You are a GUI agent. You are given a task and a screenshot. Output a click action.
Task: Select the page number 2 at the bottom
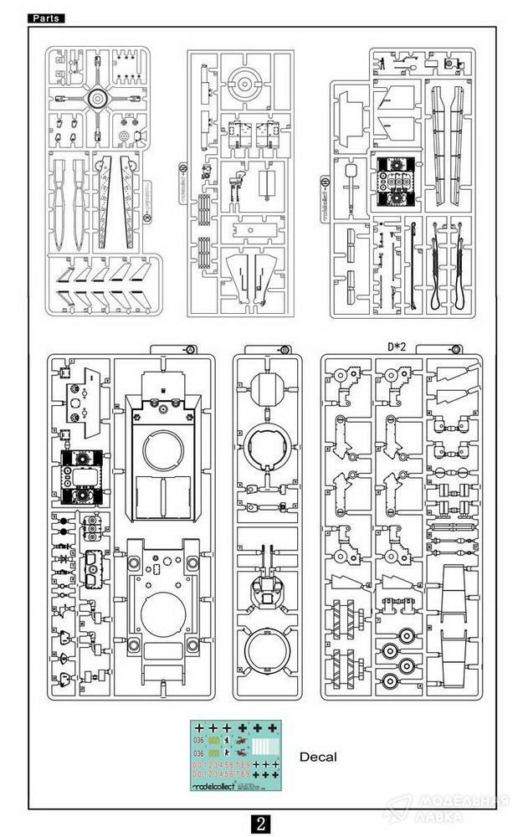261,823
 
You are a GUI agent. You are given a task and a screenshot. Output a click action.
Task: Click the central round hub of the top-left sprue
97,100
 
